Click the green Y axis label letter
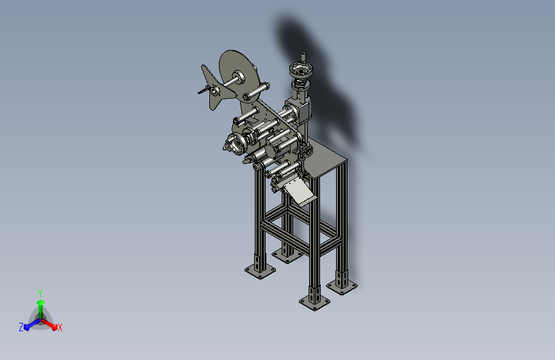[40, 293]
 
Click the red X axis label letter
[60, 327]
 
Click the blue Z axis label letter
[21, 327]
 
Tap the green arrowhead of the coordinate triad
[40, 302]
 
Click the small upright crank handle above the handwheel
[303, 57]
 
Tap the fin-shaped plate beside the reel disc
[215, 87]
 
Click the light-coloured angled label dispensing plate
[298, 192]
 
